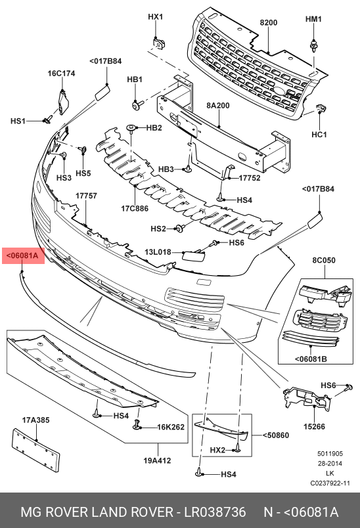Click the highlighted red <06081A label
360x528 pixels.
(23, 255)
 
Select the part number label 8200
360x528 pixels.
(269, 22)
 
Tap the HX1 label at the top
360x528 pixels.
(155, 16)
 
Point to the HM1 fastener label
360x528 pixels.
(313, 19)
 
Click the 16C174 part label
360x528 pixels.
(61, 74)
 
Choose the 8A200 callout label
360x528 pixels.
(218, 105)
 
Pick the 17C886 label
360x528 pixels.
(134, 209)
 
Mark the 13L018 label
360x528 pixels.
(158, 252)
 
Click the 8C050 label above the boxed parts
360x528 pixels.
(323, 260)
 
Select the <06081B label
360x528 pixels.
(311, 359)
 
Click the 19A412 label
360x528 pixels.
(158, 460)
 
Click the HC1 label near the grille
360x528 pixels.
(319, 135)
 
